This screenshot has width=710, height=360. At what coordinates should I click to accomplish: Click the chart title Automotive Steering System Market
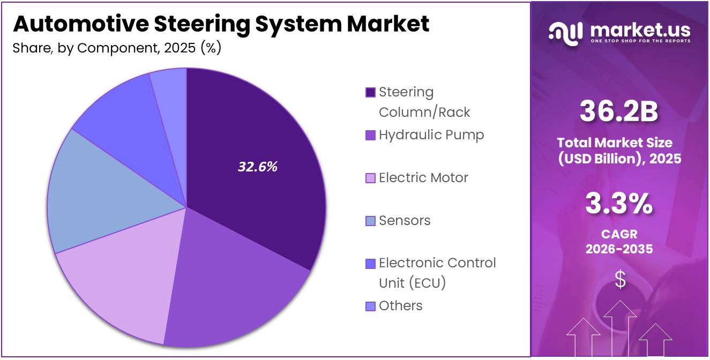(x=220, y=24)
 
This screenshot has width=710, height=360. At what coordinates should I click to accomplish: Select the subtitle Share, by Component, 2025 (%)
(x=117, y=48)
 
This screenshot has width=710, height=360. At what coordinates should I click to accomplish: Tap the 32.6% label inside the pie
(x=257, y=167)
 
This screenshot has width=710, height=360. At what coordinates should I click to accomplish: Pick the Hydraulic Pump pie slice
(x=230, y=284)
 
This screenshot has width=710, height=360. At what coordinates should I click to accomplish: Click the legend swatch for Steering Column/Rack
(x=370, y=93)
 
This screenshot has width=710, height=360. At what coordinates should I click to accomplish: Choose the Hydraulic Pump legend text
(x=431, y=135)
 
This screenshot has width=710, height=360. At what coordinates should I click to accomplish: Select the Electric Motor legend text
(x=423, y=178)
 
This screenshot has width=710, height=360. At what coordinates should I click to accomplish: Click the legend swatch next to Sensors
(x=370, y=221)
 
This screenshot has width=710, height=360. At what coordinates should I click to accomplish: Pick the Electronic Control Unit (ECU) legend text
(x=437, y=273)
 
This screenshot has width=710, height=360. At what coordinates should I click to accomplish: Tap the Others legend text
(x=400, y=306)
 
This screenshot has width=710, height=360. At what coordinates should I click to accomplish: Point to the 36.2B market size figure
(x=619, y=112)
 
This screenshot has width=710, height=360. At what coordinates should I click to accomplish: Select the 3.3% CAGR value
(x=619, y=204)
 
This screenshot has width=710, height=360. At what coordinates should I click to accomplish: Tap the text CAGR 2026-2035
(x=619, y=242)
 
